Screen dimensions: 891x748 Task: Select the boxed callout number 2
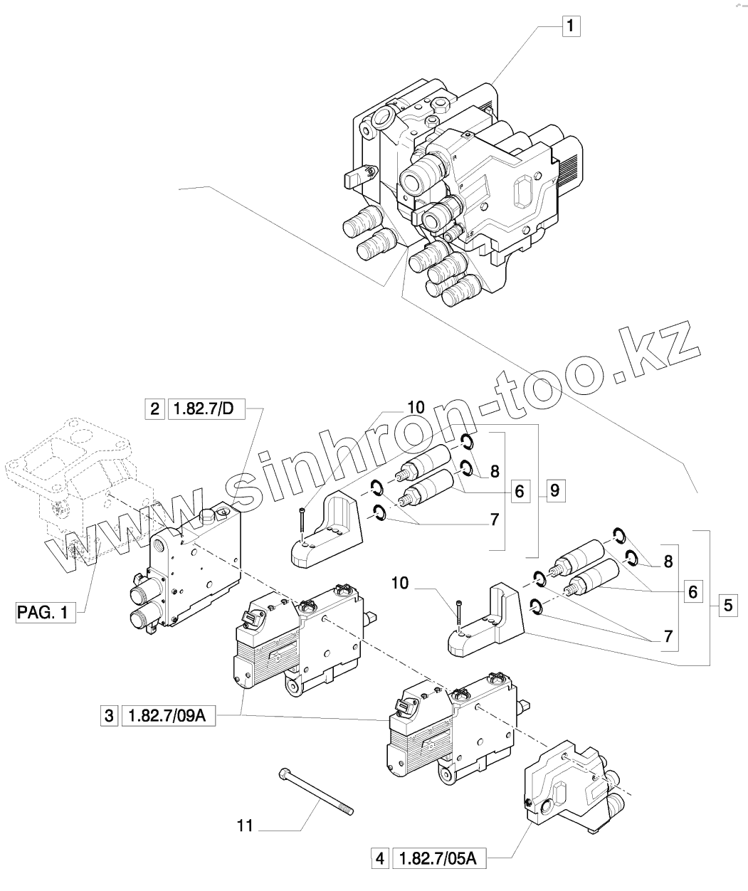(x=154, y=408)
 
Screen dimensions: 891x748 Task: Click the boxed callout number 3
(x=109, y=716)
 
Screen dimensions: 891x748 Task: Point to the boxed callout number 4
(x=380, y=860)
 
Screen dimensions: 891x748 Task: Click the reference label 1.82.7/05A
(x=438, y=860)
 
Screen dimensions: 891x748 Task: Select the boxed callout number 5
(x=727, y=606)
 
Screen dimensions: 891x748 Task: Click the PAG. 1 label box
(x=45, y=611)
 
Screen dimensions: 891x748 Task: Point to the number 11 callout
(x=246, y=826)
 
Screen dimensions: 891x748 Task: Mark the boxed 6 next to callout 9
(x=520, y=490)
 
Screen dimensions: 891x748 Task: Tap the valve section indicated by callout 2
(x=192, y=569)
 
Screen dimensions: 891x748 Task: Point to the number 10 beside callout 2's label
(x=416, y=407)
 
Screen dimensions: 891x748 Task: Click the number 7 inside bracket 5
(x=668, y=637)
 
